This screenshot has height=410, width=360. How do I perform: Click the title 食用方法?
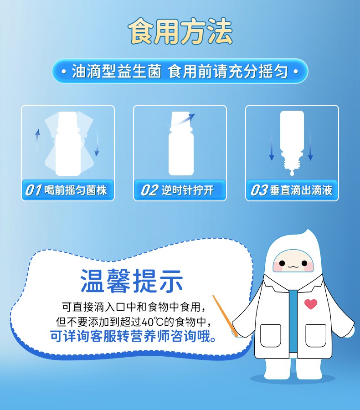click(180, 31)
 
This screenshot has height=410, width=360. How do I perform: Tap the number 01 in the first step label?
click(33, 190)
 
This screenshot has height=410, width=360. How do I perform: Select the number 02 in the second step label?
click(149, 190)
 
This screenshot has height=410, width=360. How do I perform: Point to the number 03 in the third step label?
click(259, 190)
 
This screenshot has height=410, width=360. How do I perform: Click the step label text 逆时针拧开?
click(188, 190)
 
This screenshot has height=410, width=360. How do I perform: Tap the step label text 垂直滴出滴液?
click(301, 190)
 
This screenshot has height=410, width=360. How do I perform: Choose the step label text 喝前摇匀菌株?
click(75, 190)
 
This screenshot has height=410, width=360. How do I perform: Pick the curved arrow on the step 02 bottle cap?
click(181, 119)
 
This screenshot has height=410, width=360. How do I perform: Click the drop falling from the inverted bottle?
click(292, 173)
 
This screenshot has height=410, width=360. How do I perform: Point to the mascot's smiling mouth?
click(293, 267)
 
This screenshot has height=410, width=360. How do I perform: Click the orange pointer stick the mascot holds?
click(225, 316)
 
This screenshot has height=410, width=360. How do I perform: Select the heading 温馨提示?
click(132, 281)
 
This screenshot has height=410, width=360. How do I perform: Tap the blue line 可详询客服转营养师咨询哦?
click(133, 336)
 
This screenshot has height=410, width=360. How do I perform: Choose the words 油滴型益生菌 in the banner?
click(117, 71)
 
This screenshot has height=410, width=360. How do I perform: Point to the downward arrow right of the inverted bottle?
click(310, 146)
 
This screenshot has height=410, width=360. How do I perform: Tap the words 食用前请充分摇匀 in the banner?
click(228, 71)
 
